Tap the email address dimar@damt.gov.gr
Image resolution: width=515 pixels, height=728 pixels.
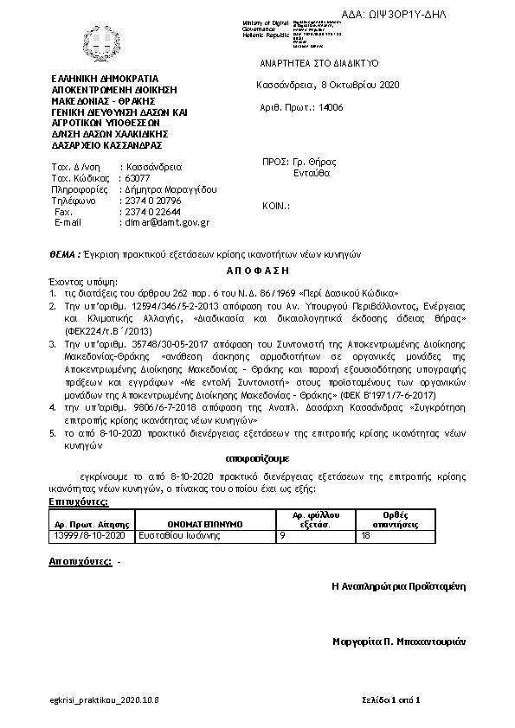tap(164, 222)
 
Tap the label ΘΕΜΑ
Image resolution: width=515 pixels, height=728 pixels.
tap(66, 254)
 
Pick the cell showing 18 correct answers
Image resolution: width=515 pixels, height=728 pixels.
tap(365, 536)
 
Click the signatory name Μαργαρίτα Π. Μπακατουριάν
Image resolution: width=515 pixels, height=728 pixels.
tap(399, 642)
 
